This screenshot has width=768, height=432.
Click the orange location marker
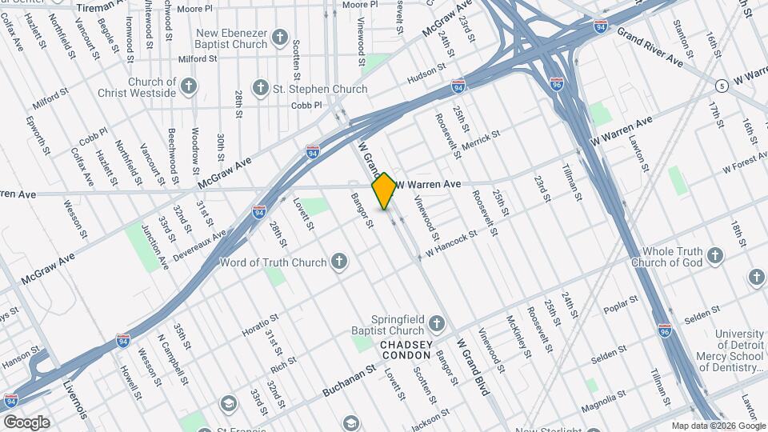click(x=384, y=190)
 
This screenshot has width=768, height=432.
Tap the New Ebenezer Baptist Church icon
click(x=280, y=37)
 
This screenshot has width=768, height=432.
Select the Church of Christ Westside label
click(x=142, y=87)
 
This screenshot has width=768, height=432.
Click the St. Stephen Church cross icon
click(x=260, y=86)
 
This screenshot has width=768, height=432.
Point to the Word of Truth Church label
click(x=273, y=262)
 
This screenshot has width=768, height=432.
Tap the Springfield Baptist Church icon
click(x=436, y=324)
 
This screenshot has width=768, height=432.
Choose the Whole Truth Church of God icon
click(x=715, y=256)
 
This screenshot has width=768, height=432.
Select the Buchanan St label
click(x=349, y=382)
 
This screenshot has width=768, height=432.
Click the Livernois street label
click(x=75, y=400)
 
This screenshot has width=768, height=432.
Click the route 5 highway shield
click(x=722, y=85)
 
